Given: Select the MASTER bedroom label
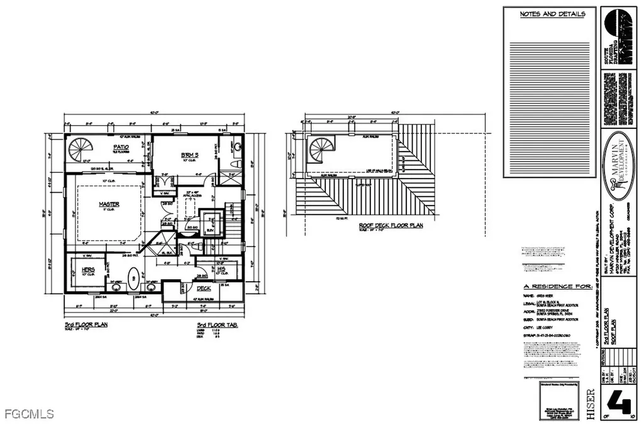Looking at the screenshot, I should click(x=108, y=204).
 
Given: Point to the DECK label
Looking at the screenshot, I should click(x=203, y=289).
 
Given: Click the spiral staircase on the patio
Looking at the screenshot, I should click(x=80, y=150).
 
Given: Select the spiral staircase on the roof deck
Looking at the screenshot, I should click(x=321, y=152).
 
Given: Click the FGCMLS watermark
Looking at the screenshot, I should click(x=28, y=414).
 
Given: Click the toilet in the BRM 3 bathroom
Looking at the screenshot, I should click(x=236, y=162).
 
